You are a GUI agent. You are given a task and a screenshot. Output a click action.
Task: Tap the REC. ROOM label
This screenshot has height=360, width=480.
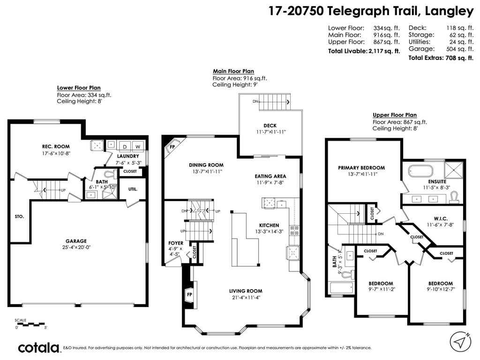point(56,146)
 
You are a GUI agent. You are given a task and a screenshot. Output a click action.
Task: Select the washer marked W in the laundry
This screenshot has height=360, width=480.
point(138,145)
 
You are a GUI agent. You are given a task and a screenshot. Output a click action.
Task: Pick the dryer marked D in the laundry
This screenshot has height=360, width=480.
point(125,145)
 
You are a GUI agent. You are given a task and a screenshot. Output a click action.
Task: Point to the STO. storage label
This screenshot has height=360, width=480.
point(19,217)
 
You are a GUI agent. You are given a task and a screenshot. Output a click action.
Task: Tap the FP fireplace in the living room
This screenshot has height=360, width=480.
point(189,294)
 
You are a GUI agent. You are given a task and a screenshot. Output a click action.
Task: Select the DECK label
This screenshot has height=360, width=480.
point(270,125)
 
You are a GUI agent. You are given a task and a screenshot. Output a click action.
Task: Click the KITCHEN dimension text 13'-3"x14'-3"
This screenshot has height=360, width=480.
point(269,232)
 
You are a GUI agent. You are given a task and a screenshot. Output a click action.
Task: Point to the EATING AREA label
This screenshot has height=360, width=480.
point(270,176)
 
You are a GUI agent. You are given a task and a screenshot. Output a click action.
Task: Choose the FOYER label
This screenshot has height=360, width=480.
point(176,243)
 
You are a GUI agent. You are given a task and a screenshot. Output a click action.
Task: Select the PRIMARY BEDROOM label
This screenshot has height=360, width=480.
point(361,167)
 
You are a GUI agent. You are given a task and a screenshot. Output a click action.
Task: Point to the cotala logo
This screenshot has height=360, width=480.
point(39,348)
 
